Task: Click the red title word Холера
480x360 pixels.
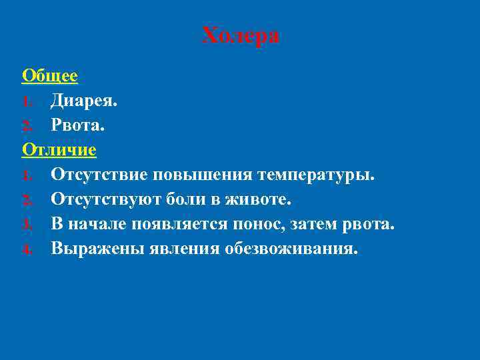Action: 241,35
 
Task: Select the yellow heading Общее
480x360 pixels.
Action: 50,76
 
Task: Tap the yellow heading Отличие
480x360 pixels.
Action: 59,150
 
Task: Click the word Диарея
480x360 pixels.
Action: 84,101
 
